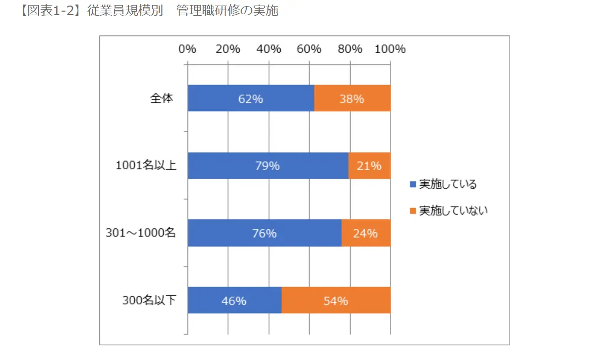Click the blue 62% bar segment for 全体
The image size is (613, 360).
point(251,98)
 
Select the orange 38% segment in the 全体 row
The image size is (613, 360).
point(352,98)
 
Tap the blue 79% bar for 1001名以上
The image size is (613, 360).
point(267,166)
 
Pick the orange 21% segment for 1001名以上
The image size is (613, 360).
point(369,166)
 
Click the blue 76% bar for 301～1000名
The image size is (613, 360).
point(264,233)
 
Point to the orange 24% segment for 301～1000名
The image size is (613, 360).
point(366,233)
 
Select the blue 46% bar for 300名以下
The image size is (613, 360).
point(234,301)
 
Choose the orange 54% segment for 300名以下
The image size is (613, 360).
point(335,301)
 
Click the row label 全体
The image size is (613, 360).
point(162,98)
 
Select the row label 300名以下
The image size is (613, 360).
point(149,301)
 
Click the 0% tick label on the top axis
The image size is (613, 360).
point(187,49)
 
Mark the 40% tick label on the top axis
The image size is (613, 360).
point(269,49)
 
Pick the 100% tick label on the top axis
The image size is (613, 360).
point(390,49)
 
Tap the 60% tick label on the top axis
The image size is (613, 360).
point(309,49)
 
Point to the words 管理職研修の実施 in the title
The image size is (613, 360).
point(227,11)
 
